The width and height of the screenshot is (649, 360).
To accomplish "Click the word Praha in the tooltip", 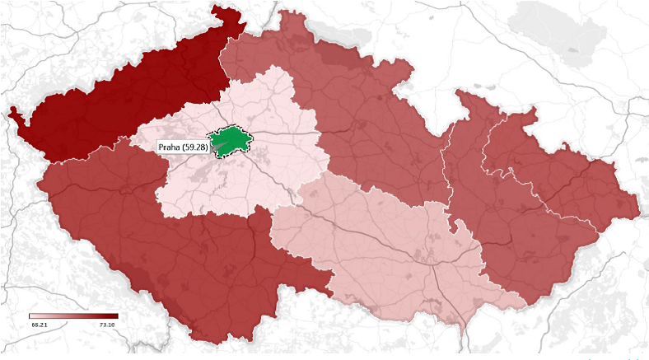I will coord(171,147).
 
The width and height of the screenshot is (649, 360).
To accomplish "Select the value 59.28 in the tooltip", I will coord(195,147).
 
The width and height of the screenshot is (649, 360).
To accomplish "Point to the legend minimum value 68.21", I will coord(39,325).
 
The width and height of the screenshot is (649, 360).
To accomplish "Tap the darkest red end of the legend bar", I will coord(115,316).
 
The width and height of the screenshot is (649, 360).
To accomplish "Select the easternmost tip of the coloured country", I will coord(639,206).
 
